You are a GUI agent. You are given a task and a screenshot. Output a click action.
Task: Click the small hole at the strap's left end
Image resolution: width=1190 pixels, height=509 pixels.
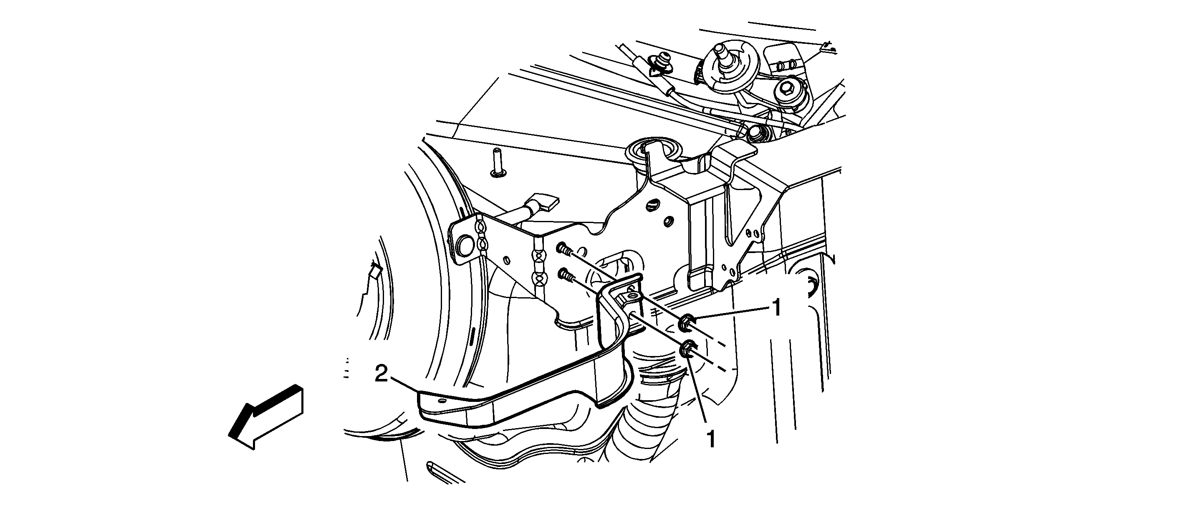coord(443,402)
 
